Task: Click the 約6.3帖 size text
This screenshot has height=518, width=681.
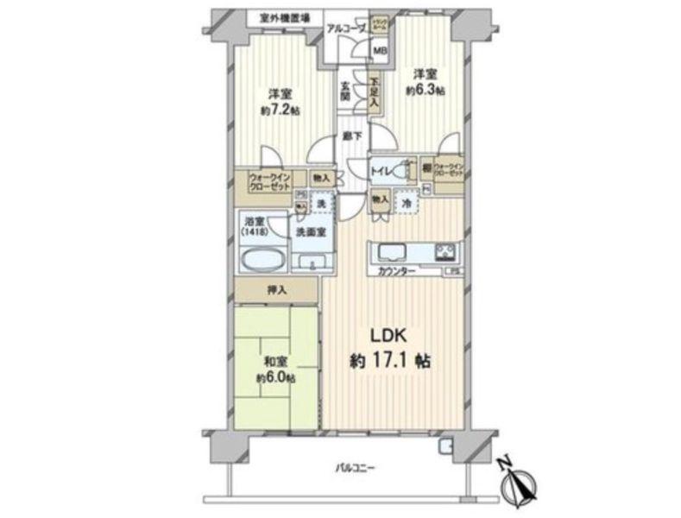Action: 426,90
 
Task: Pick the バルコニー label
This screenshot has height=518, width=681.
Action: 354,468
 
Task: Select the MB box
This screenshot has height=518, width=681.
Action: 379,50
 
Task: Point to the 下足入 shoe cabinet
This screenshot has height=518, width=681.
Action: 374,93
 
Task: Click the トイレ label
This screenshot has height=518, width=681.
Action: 381,170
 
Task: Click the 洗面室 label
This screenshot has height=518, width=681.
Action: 310,232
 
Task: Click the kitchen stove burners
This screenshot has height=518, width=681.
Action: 445,251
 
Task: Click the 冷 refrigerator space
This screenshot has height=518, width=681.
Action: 406,201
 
